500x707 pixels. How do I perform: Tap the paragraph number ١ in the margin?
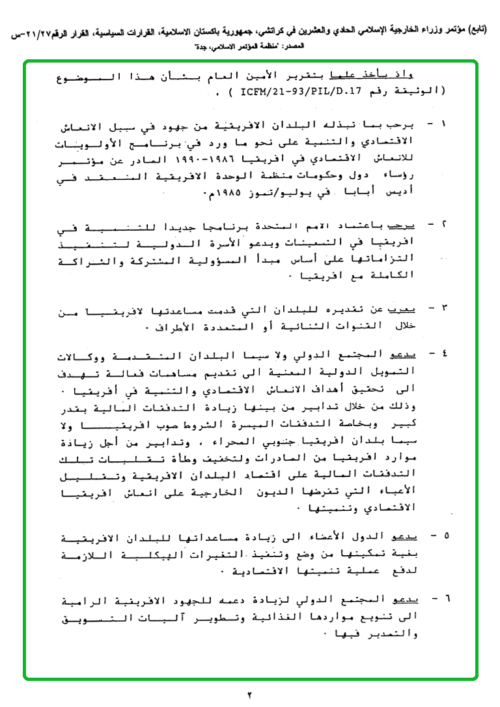pos(443,123)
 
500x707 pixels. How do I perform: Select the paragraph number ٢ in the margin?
pos(443,225)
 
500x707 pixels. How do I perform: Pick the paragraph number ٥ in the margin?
pos(443,536)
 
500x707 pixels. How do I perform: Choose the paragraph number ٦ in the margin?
pos(443,599)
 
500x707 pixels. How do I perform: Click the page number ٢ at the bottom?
pos(249,695)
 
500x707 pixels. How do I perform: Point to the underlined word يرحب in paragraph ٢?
pos(404,225)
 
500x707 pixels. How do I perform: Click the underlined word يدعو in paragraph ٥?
pos(405,536)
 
